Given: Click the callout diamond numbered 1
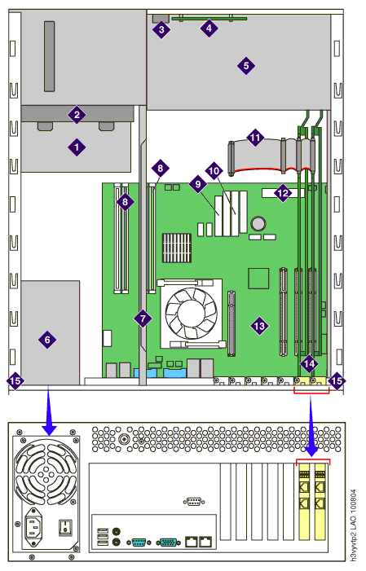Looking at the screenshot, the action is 77,147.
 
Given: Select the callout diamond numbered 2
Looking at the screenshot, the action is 77,115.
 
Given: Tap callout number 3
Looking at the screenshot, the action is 162,29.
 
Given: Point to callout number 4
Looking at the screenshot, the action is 209,28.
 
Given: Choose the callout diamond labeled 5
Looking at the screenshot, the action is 246,66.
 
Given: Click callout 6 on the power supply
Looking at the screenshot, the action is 47,340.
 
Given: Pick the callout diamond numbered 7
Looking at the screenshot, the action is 143,318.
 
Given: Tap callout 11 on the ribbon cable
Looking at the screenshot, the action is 255,138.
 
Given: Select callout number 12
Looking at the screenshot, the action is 283,193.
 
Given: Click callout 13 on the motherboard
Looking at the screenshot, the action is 259,326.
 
